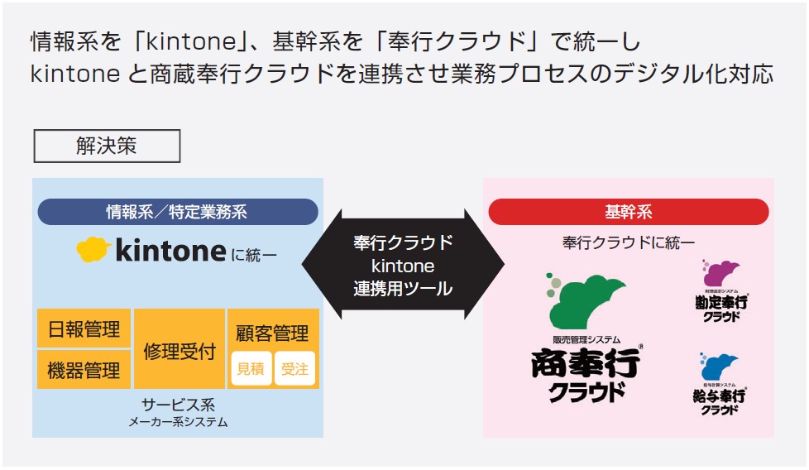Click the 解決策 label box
pos(107,146)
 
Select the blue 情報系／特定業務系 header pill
pos(177,212)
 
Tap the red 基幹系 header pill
pos(629,212)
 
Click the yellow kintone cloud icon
pos(94,249)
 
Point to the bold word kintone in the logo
pos(170,250)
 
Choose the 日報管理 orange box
pos(84,329)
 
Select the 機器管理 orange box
pos(84,370)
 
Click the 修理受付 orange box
pos(180,350)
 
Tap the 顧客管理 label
pos(272,333)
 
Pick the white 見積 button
pos(251,369)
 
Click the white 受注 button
pos(294,369)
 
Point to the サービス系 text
pos(177,405)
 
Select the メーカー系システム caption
pos(177,422)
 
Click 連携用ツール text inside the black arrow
pos(403,289)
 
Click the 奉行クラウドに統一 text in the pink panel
pos(629,242)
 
